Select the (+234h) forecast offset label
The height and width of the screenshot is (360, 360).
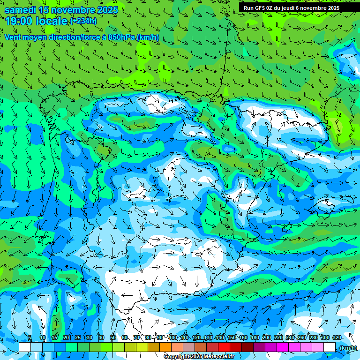[x=83, y=21]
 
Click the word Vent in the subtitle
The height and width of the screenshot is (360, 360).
[x=14, y=37]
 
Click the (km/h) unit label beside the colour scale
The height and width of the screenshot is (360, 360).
[x=347, y=348]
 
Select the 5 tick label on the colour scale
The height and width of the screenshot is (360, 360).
[x=30, y=337]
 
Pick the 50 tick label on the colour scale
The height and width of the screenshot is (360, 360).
[x=112, y=337]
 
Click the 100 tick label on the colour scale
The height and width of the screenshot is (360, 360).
[x=172, y=337]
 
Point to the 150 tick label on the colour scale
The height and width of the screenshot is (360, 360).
[x=231, y=337]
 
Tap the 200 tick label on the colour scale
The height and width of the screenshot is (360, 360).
[x=266, y=337]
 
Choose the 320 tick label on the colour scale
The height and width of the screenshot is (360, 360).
[x=337, y=337]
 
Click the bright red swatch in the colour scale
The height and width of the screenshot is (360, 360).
[x=224, y=347]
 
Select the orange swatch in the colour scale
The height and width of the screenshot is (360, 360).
[x=165, y=347]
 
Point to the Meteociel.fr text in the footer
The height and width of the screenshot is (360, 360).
[x=219, y=357]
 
